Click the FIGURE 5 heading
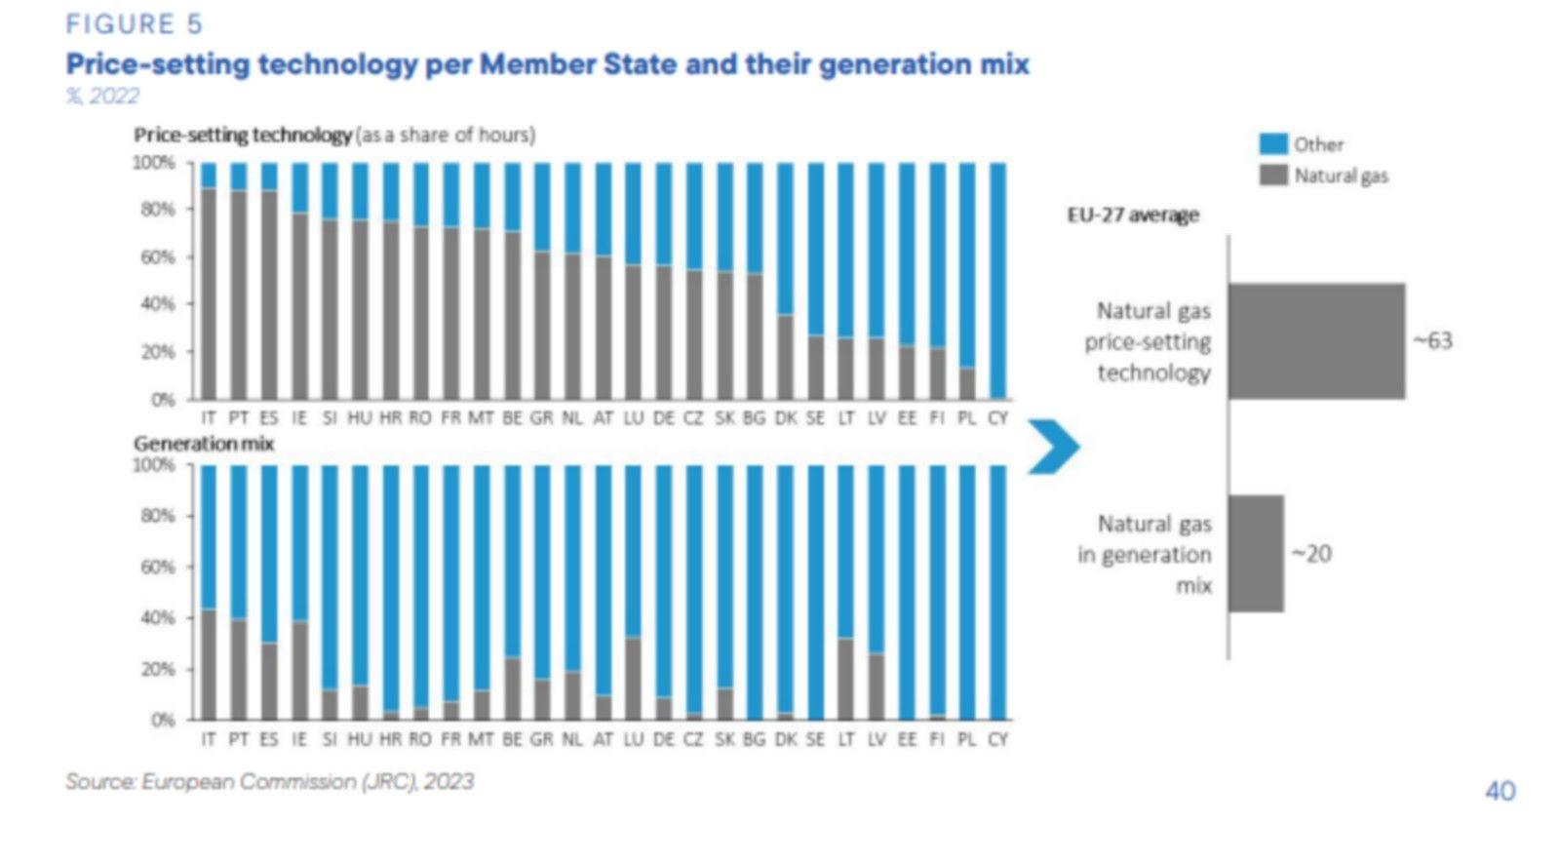coord(134,23)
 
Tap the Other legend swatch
coord(1272,144)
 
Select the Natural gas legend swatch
coord(1272,176)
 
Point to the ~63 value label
coord(1433,340)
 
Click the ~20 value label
coord(1311,554)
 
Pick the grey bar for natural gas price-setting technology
coord(1316,341)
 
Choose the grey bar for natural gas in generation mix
coord(1256,554)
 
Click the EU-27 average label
coord(1133,216)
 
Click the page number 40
coord(1500,791)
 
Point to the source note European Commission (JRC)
coord(269,782)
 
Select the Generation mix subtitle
coord(204,444)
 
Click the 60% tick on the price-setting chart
coord(157,256)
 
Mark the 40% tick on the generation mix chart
coord(157,617)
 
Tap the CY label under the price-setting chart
coord(997,417)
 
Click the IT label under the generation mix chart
coord(208,739)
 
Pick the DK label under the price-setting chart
coord(786,417)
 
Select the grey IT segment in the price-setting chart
coord(208,293)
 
